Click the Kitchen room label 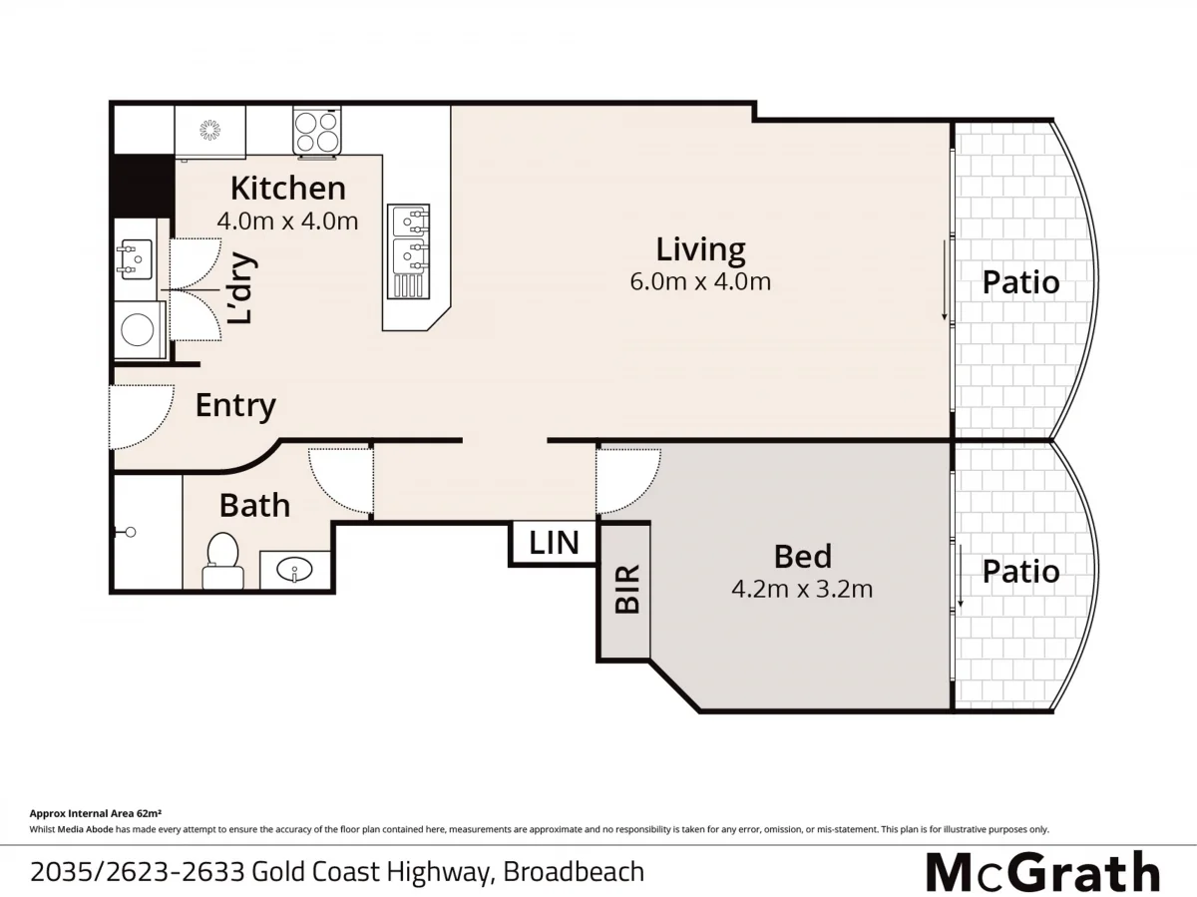point(287,188)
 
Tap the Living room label point(700,248)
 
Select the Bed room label point(802,556)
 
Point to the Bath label point(254,505)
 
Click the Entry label point(235,406)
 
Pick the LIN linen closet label point(554,544)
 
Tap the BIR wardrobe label point(626,590)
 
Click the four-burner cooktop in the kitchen point(318,131)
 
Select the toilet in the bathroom point(221,558)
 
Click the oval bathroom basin point(295,571)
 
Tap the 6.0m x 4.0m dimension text point(700,281)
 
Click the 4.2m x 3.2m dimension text point(802,589)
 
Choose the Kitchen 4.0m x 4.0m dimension point(287,221)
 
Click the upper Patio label point(1020,282)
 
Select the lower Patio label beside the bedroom point(1020,571)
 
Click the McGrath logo point(1043,872)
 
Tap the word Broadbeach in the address point(574,872)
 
